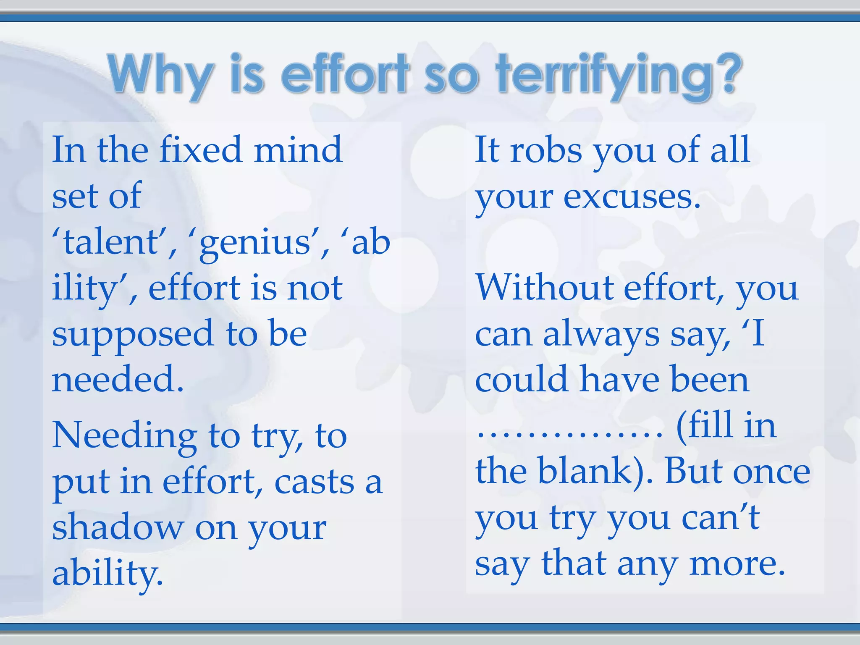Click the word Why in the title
[x=160, y=75]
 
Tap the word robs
[x=546, y=150]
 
